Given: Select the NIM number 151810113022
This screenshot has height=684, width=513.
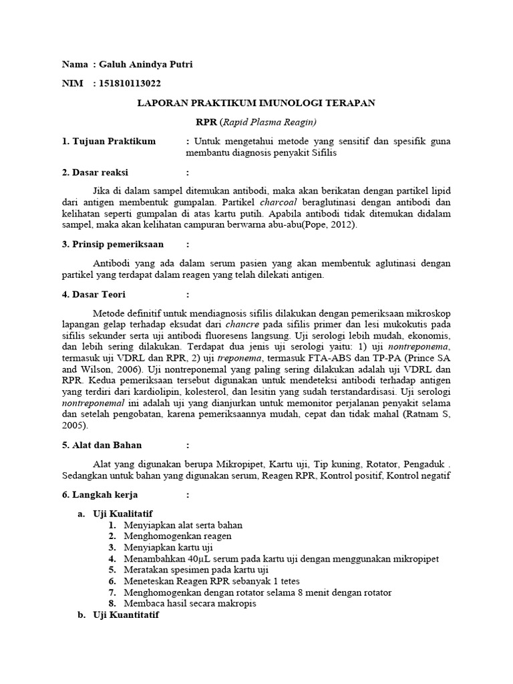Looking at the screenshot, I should click(130, 83).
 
